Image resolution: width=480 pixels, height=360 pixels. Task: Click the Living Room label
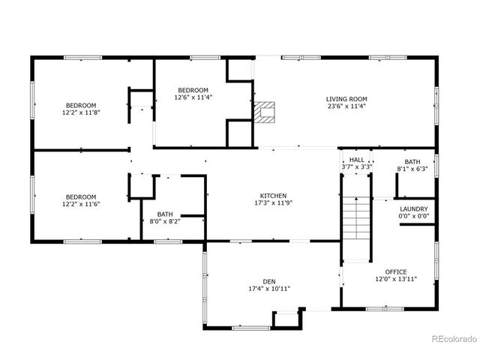click(x=346, y=99)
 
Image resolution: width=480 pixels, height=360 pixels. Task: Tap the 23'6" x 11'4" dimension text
click(x=346, y=106)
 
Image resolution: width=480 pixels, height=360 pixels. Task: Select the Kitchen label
click(x=273, y=196)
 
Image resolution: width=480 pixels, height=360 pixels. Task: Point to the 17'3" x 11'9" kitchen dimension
click(x=273, y=203)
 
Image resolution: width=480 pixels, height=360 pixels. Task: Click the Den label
click(x=268, y=281)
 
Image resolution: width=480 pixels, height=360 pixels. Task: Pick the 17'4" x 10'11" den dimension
click(x=268, y=289)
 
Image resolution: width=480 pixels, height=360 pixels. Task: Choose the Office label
click(x=396, y=271)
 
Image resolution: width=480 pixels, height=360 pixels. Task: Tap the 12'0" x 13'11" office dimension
click(x=396, y=279)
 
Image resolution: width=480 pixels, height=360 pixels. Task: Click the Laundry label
click(x=413, y=209)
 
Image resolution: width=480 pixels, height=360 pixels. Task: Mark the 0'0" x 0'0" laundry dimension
click(x=413, y=217)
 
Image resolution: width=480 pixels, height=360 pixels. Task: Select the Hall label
click(x=356, y=160)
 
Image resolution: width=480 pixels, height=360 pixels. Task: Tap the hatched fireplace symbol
click(x=264, y=112)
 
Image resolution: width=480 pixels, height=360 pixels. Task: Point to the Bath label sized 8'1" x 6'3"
click(x=412, y=161)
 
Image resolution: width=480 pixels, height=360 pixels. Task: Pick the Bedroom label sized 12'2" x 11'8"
click(x=80, y=105)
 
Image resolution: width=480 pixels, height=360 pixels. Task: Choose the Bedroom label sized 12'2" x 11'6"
click(x=80, y=196)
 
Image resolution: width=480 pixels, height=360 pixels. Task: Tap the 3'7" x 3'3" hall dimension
click(x=356, y=167)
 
